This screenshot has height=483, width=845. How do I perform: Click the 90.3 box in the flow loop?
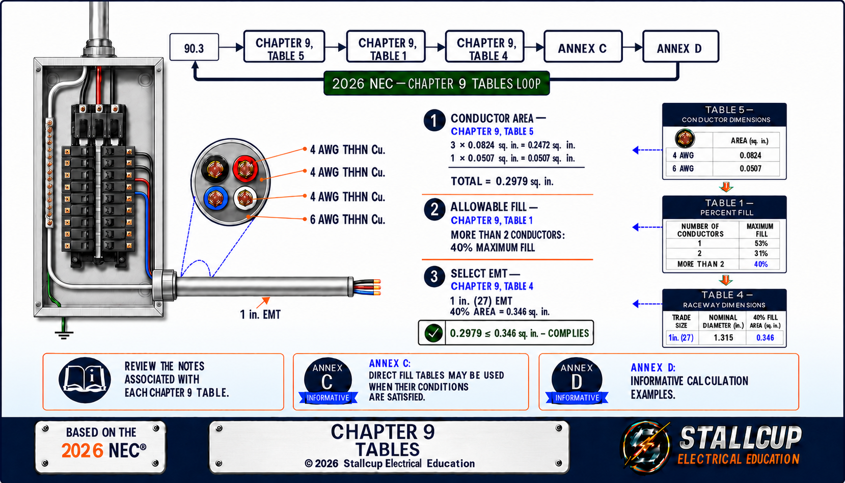click(x=194, y=47)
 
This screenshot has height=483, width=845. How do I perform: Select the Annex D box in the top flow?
click(x=680, y=46)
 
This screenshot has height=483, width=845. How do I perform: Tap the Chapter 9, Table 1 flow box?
click(x=386, y=46)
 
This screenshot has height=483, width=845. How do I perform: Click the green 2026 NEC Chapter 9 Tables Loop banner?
click(x=437, y=84)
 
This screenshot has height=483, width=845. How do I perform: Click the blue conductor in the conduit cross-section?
click(x=216, y=198)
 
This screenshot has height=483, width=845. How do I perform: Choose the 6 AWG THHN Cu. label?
click(x=347, y=219)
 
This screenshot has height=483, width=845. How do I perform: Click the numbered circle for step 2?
click(x=434, y=209)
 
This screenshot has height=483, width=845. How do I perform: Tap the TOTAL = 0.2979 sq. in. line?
click(x=502, y=181)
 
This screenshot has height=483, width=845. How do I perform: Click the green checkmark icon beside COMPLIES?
click(x=433, y=333)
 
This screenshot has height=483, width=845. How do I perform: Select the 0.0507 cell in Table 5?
click(x=750, y=169)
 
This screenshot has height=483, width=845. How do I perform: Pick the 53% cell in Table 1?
click(x=760, y=244)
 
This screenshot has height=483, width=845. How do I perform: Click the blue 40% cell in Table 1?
click(x=760, y=264)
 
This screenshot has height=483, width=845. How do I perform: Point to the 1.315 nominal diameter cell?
click(x=723, y=337)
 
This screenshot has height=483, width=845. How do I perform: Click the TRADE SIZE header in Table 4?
click(x=682, y=321)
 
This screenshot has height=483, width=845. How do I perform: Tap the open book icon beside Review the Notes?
click(x=85, y=380)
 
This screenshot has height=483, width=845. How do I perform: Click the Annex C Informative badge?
click(x=328, y=381)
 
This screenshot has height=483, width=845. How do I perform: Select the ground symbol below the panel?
click(x=63, y=334)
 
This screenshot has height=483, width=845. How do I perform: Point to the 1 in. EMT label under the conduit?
click(x=260, y=314)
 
